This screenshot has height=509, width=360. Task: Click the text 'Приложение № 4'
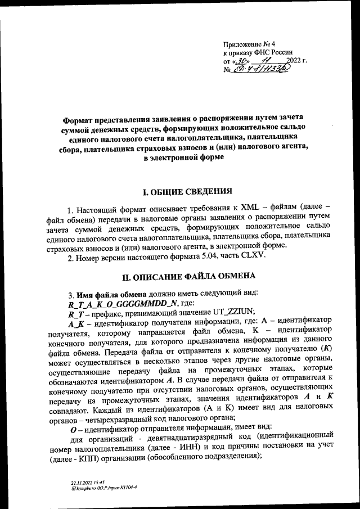248,44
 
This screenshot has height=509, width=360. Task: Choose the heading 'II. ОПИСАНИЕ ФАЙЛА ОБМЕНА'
189,276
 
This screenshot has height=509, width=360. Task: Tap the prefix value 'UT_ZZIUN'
231,312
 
